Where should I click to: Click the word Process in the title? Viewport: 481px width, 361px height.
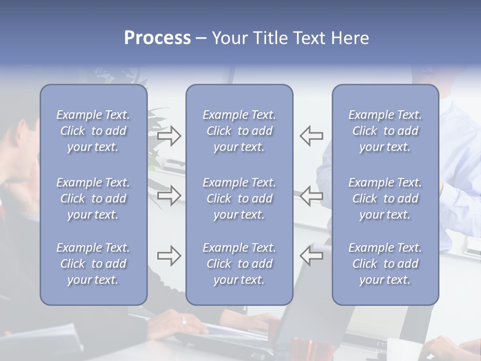pos(157,38)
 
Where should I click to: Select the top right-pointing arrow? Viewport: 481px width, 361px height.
pos(169,136)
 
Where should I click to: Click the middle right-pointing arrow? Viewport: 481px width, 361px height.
pos(169,196)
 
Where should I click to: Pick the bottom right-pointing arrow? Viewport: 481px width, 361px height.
pos(169,256)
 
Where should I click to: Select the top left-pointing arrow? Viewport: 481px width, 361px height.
pos(311,136)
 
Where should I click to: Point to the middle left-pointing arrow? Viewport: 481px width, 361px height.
pos(311,196)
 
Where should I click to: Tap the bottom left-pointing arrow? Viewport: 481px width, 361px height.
pos(311,256)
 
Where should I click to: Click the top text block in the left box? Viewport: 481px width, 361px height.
pos(93,131)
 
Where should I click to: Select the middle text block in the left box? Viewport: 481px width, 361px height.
pos(93,199)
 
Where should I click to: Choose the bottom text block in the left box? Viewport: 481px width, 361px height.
pos(93,264)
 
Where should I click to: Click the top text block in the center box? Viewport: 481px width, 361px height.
pos(239,131)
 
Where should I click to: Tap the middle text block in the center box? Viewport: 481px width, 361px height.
pos(239,199)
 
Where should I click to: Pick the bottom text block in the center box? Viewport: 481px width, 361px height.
pos(239,264)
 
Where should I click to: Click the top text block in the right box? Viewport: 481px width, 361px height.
pos(385,131)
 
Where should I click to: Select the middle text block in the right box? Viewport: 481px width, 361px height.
pos(385,199)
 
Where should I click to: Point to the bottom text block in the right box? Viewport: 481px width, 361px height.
pos(385,264)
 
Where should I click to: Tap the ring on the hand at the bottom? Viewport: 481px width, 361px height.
pos(184,321)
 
